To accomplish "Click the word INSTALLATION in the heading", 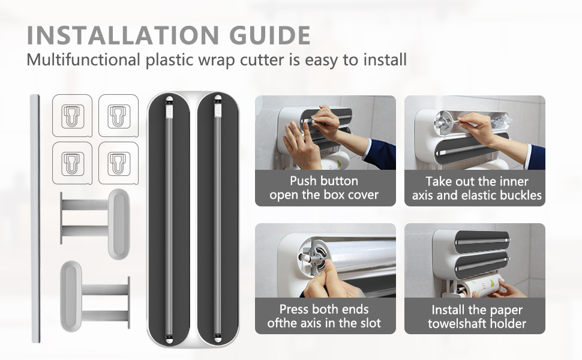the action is coord(123,35).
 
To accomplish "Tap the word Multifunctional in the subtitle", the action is coord(83,60).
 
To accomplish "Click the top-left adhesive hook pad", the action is coord(72,116).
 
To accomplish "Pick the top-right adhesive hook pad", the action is coord(118,116).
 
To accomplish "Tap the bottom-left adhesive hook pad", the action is coord(72,163).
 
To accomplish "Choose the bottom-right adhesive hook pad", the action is coord(118,163).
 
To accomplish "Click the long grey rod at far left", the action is coord(35,219).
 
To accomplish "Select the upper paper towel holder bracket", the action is coord(95,223).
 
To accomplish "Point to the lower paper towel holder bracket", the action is coord(95,296).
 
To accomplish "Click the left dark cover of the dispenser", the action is coord(169,220).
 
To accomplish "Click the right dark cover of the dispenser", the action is coord(218,220).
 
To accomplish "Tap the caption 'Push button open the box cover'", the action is coord(324,188).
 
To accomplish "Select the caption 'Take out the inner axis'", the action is coord(477,188).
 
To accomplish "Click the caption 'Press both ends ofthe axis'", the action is coord(324,316).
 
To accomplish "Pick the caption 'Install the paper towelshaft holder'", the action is coord(477,317).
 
